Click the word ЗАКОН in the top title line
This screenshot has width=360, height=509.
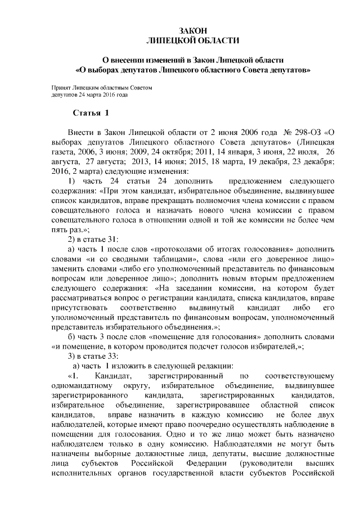(x=192, y=31)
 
